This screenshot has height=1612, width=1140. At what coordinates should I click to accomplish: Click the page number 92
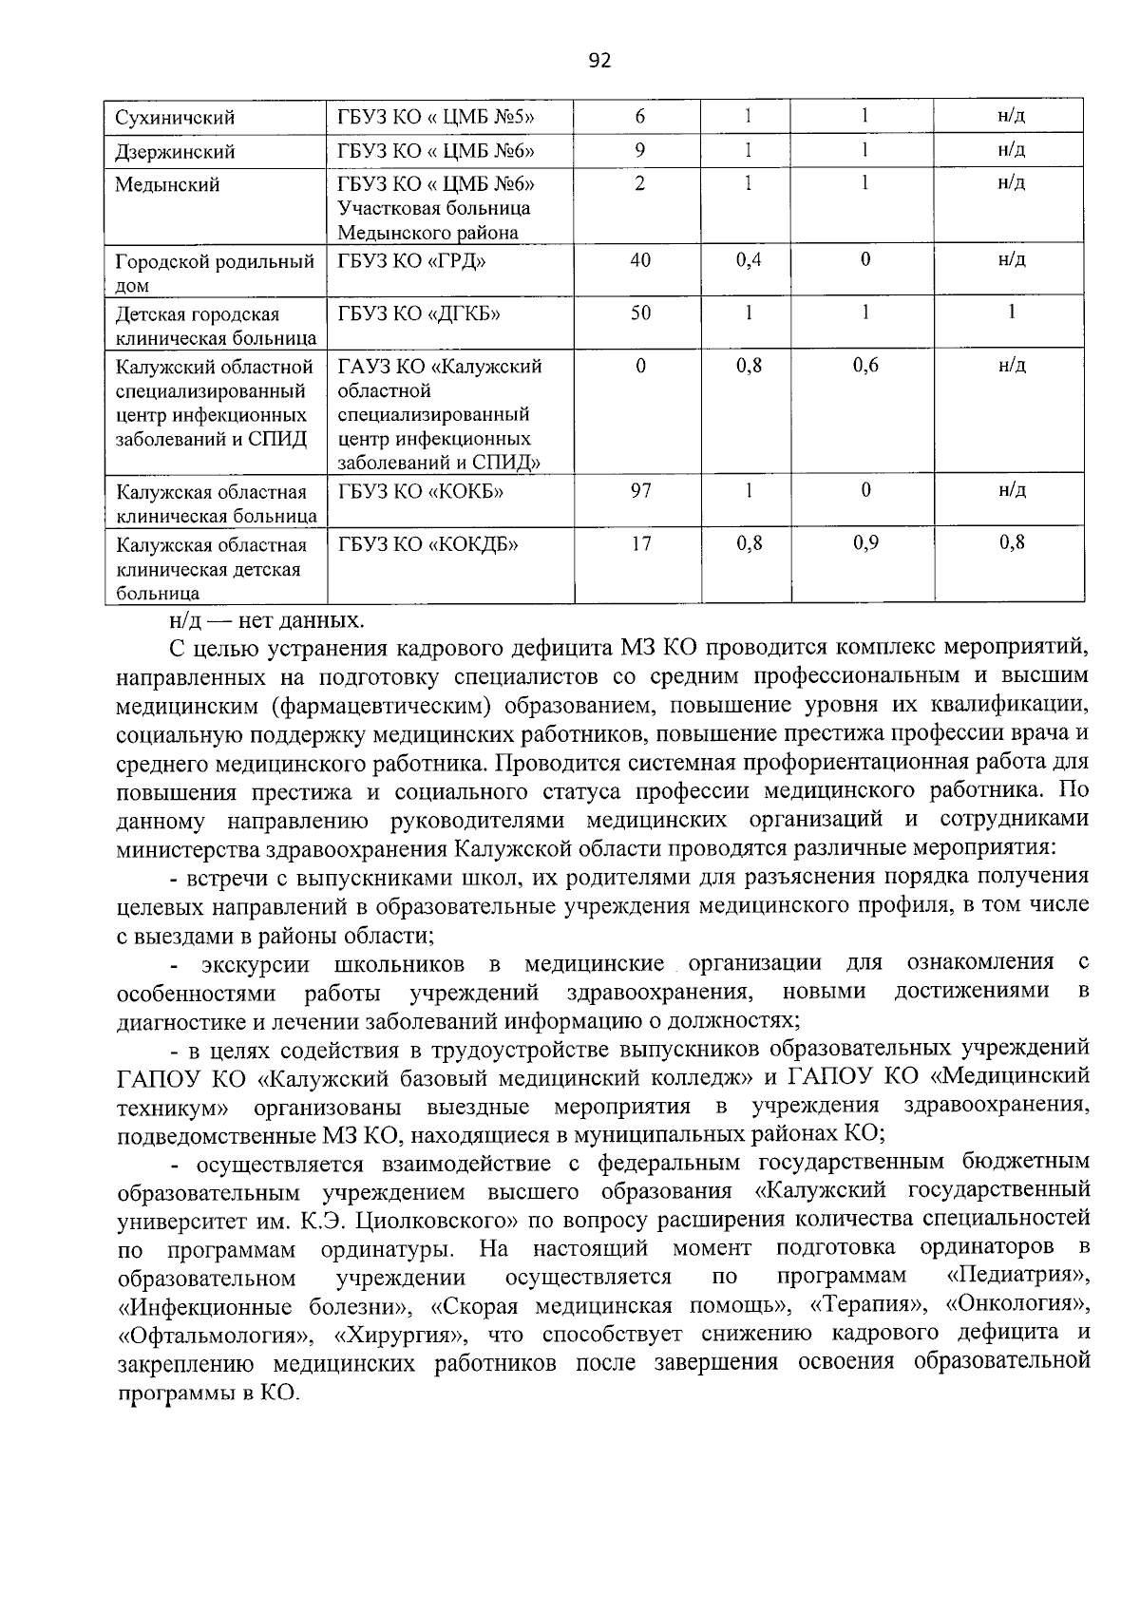coord(598,62)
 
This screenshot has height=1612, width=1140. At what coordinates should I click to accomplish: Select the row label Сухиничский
coord(175,119)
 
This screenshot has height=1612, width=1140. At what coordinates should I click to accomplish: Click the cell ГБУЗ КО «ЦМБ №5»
coord(436,118)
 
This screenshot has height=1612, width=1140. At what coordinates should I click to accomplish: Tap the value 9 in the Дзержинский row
coord(639,150)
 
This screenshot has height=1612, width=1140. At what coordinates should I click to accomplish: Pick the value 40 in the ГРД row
coord(639,260)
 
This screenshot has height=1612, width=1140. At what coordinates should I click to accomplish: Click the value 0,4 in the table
coord(749,260)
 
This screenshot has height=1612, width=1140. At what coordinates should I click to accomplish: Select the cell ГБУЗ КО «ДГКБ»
coord(419,313)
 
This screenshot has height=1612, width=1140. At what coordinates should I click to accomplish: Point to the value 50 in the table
coord(639,313)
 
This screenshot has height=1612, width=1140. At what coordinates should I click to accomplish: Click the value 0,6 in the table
coord(864,366)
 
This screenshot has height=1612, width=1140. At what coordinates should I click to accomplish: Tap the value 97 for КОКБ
coord(639,491)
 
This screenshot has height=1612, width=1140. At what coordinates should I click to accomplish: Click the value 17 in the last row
coord(639,544)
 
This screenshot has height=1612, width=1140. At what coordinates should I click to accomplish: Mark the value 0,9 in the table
coord(864,544)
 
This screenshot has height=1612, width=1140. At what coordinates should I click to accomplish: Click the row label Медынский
coord(167,184)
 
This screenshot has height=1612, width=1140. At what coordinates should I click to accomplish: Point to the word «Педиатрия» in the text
coord(1017,1275)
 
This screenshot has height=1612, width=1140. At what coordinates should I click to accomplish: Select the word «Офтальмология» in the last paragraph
coord(212,1334)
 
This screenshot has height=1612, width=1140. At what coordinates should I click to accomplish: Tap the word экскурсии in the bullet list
coord(255,965)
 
